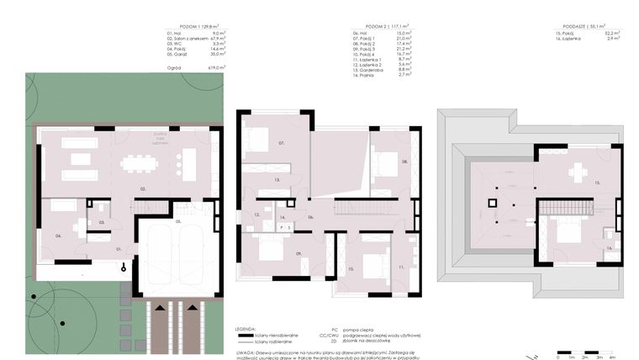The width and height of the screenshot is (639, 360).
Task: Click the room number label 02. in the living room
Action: [143, 189]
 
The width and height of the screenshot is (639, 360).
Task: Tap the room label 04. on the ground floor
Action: [58, 236]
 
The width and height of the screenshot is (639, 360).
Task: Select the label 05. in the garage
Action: [178, 220]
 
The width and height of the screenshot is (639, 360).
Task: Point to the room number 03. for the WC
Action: [101, 222]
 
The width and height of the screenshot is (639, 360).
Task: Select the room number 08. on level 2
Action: [404, 161]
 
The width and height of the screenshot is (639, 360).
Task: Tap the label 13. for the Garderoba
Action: [276, 179]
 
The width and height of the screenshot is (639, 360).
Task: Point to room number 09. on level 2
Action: [298, 253]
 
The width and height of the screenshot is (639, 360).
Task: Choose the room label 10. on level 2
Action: [348, 269]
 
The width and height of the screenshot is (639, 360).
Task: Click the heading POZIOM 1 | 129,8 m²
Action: [198, 27]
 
